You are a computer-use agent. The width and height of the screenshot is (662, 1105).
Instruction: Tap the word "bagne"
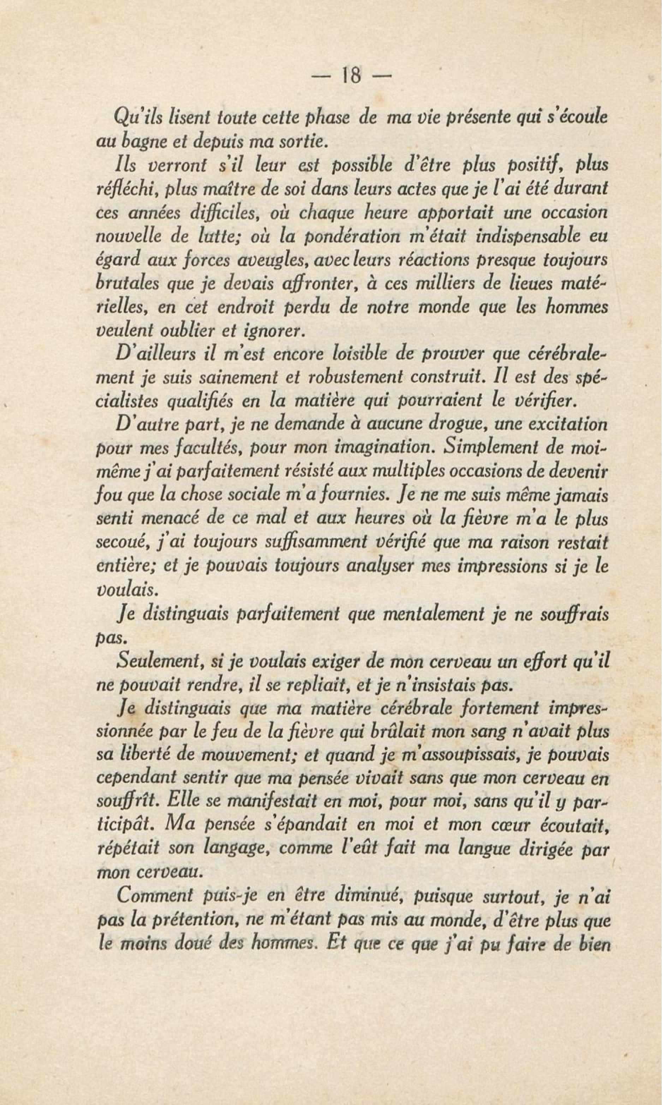[137, 142]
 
